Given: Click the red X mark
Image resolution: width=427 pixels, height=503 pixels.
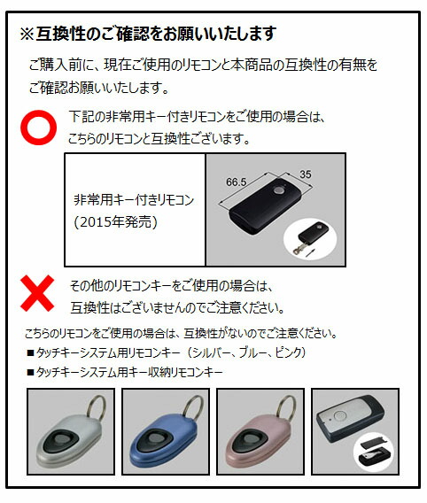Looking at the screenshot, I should [39, 295].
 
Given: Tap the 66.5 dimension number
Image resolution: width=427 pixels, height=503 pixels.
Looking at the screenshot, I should [236, 181].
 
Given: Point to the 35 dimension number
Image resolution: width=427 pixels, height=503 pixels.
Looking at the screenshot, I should [306, 174].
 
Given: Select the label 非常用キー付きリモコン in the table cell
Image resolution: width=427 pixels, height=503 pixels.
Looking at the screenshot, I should [134, 200].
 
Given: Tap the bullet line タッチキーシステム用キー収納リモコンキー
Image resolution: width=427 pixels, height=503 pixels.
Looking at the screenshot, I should [124, 372].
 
